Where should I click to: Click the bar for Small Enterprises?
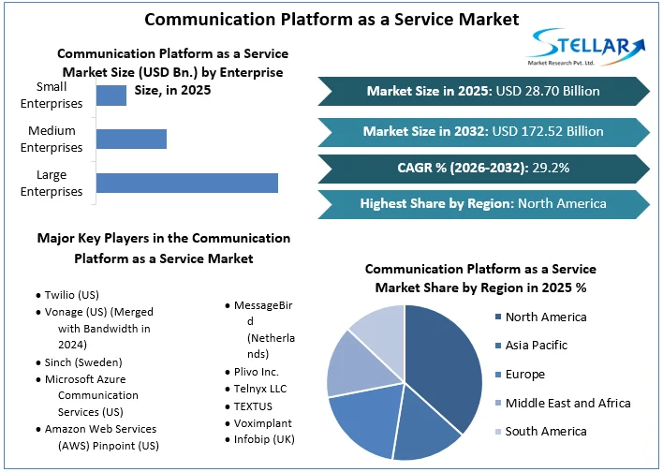click(111, 95)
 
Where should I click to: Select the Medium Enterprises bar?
click(131, 139)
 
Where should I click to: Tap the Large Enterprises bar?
click(187, 183)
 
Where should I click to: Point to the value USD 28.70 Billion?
click(549, 91)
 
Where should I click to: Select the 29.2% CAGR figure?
click(550, 168)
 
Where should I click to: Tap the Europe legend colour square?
click(498, 375)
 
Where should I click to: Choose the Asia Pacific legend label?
click(537, 346)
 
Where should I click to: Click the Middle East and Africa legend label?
click(567, 403)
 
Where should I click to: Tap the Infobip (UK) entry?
click(270, 438)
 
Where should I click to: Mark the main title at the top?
click(331, 18)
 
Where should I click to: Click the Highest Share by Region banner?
click(482, 203)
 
